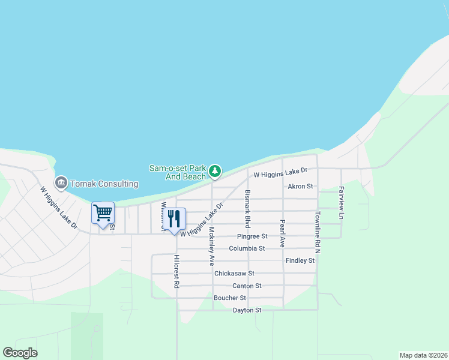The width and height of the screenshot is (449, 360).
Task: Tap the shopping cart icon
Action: (x=103, y=213)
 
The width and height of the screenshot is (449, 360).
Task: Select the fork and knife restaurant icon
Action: (x=175, y=218)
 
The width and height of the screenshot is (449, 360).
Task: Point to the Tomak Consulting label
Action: (x=104, y=184)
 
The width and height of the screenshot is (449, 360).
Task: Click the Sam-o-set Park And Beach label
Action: (x=178, y=172)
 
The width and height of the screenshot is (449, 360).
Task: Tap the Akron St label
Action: (x=301, y=187)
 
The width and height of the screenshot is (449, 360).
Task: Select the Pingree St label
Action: (x=252, y=236)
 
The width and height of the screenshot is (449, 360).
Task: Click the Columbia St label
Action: (x=246, y=248)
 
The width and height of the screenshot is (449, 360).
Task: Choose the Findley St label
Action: (x=300, y=260)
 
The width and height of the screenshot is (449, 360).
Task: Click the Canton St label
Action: (x=247, y=286)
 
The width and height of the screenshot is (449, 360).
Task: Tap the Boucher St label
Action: (x=230, y=298)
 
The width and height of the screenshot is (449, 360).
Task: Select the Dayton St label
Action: (x=247, y=310)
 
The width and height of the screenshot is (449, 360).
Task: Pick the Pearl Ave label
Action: (x=282, y=233)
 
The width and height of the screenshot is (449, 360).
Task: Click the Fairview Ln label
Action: (x=341, y=203)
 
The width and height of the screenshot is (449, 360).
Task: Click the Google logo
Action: (x=20, y=353)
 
